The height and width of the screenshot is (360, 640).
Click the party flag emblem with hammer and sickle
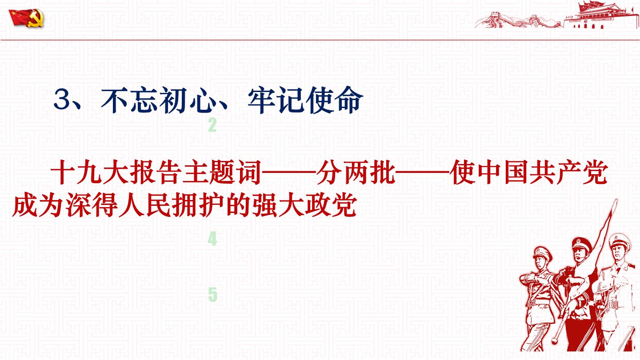tap(26, 18)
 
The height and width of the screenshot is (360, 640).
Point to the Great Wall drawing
tap(520, 20)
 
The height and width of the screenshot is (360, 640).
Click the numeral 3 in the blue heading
tap(62, 100)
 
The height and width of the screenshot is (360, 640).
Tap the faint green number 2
tap(212, 125)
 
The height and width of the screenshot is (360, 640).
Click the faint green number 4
tap(212, 239)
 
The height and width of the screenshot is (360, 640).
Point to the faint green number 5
tap(212, 295)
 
